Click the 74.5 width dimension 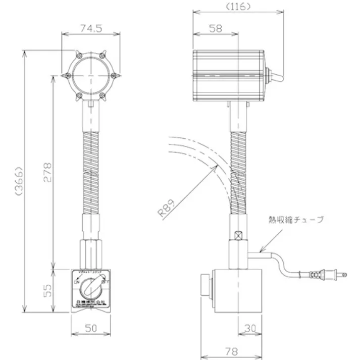91,29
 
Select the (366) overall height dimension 20,180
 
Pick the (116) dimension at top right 237,7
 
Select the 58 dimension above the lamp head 216,29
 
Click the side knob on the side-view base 206,284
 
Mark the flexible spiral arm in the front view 91,172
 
